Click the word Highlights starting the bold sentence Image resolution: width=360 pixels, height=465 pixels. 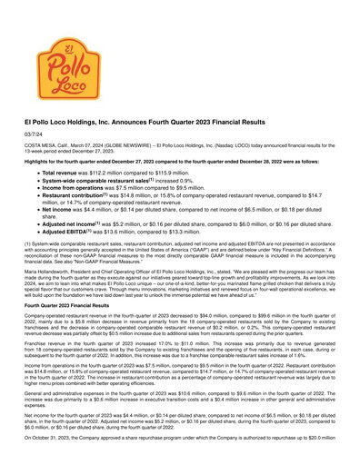click(25, 185)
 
